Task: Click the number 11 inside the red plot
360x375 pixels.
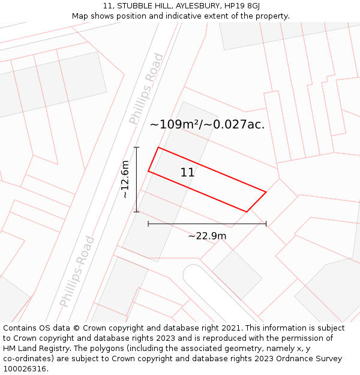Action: pyautogui.click(x=187, y=173)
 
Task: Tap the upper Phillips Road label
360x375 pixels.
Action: pyautogui.click(x=146, y=89)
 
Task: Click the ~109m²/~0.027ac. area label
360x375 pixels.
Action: pyautogui.click(x=207, y=125)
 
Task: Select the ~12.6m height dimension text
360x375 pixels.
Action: pyautogui.click(x=125, y=179)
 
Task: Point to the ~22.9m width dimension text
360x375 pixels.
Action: pyautogui.click(x=207, y=236)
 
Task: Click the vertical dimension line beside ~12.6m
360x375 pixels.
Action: pyautogui.click(x=137, y=179)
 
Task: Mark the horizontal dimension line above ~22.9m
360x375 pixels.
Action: pyautogui.click(x=207, y=224)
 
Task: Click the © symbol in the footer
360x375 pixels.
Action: pyautogui.click(x=76, y=328)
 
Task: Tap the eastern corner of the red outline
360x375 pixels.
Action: pyautogui.click(x=266, y=192)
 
